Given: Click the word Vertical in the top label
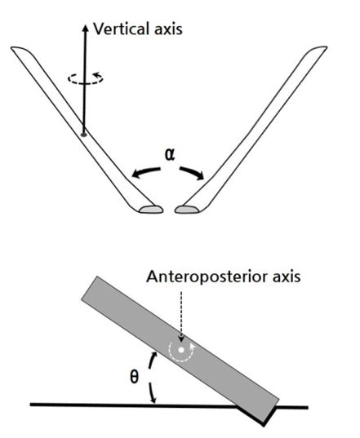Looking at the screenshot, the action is [x=121, y=29].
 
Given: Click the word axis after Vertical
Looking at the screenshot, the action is [x=168, y=29].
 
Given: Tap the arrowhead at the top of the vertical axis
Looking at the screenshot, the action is [x=86, y=28].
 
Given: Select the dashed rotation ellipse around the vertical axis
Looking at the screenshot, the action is [x=86, y=78].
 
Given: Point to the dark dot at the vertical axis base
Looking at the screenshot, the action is [x=83, y=135].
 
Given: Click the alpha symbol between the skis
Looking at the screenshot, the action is [x=170, y=154].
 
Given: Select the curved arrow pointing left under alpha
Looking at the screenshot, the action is [x=145, y=172].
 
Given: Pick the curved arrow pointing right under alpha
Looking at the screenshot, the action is [x=192, y=173].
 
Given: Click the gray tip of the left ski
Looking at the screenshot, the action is [x=151, y=210].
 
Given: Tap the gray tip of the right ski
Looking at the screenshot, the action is [x=187, y=210].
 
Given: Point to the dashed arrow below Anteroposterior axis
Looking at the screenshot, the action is [x=181, y=316].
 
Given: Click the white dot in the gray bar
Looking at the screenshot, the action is [x=181, y=350].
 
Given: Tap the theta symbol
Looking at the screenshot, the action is [x=135, y=378].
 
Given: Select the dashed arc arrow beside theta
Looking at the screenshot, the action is [x=150, y=378].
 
